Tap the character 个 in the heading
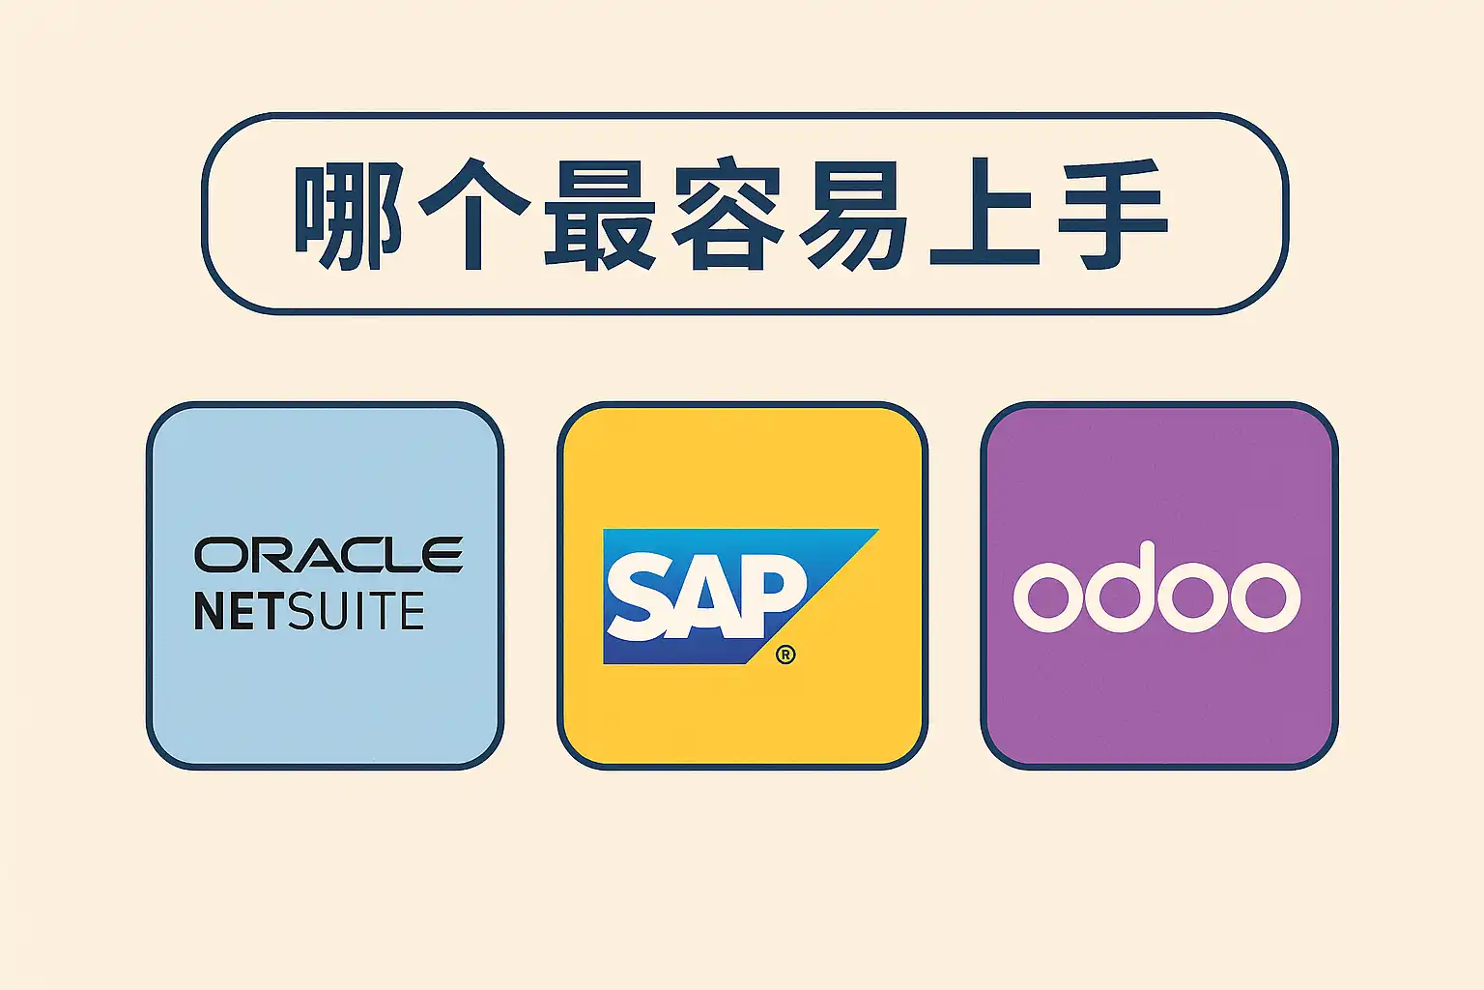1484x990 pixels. coord(474,215)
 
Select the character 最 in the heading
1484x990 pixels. coord(600,215)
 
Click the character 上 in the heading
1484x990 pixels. coord(984,215)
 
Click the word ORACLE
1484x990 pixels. coord(328,555)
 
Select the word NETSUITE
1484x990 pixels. coord(309,611)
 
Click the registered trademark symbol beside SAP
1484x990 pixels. coord(785,655)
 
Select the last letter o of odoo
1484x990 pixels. coord(1266,597)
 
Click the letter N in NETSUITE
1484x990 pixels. coord(210,611)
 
